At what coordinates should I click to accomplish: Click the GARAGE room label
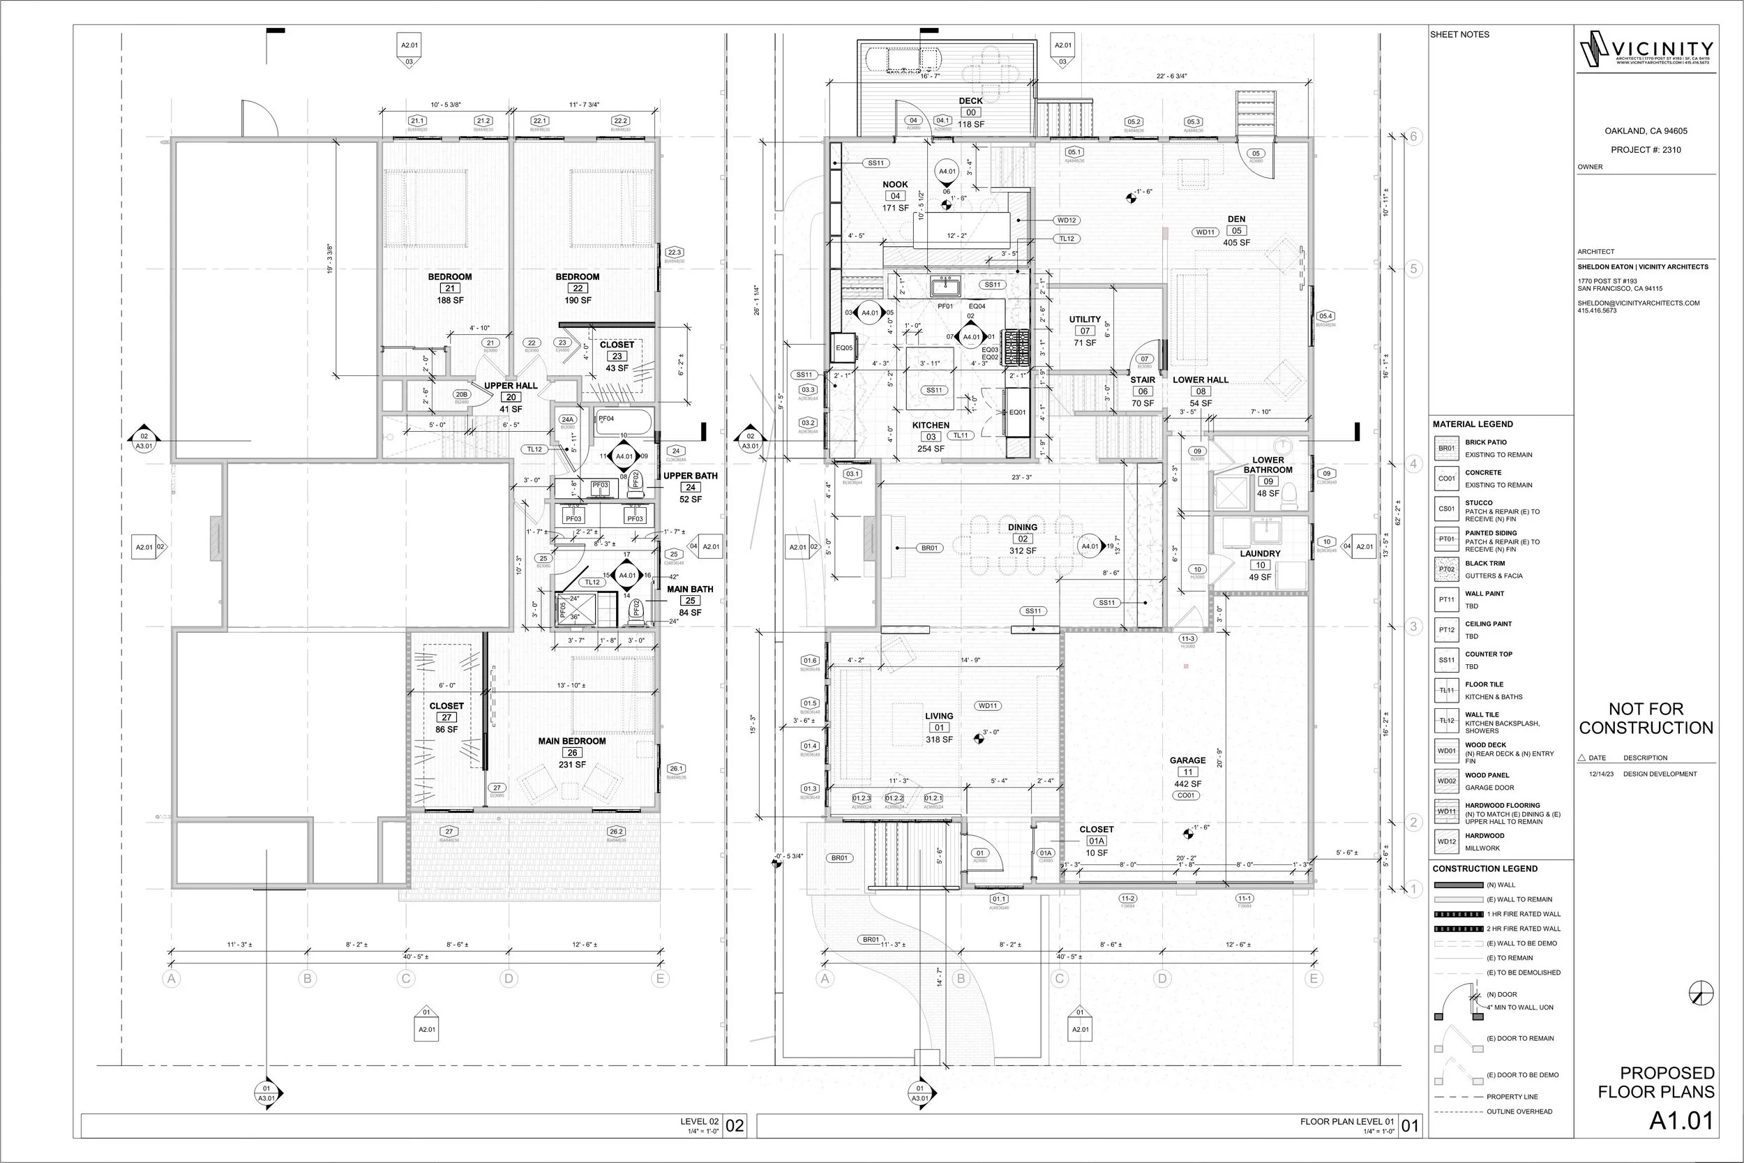[x=1187, y=760]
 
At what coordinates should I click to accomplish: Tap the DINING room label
[x=1022, y=527]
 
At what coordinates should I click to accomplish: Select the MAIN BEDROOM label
[x=572, y=741]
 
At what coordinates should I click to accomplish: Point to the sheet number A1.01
[x=1681, y=1121]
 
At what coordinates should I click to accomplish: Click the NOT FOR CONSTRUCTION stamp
[x=1646, y=718]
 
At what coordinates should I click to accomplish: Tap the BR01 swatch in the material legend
[x=1446, y=449]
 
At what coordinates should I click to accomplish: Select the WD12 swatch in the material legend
[x=1446, y=842]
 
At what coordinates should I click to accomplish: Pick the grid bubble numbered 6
[x=1413, y=137]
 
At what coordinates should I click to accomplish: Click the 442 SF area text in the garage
[x=1187, y=784]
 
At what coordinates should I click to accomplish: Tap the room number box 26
[x=572, y=753]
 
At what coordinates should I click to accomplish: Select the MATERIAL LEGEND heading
[x=1473, y=424]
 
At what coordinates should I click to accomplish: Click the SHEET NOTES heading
[x=1459, y=35]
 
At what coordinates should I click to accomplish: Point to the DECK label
[x=970, y=101]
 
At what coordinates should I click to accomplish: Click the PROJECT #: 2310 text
[x=1646, y=150]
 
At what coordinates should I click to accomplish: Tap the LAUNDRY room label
[x=1260, y=553]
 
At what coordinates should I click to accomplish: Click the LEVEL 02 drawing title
[x=699, y=1121]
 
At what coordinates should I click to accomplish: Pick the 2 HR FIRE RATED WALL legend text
[x=1523, y=929]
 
